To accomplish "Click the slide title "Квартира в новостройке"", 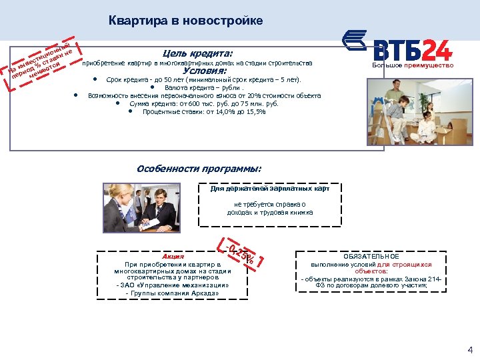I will click(x=185, y=21).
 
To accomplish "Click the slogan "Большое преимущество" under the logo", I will click(x=413, y=65).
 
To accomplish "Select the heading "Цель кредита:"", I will click(x=197, y=53).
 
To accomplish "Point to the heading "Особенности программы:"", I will click(x=199, y=169).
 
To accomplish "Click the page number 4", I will click(x=470, y=349).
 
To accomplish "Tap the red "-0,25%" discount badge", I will click(x=239, y=252).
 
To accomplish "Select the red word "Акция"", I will click(x=173, y=256).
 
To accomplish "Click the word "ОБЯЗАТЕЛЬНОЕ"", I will click(x=371, y=256).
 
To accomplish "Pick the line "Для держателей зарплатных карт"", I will click(x=269, y=189).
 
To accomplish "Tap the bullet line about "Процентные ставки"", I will click(x=203, y=111).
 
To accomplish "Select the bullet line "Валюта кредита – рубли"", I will click(x=205, y=87).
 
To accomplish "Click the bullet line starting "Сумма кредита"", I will click(x=203, y=103).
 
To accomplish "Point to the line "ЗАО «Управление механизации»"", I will click(x=173, y=285).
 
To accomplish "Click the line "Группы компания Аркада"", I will click(x=173, y=293).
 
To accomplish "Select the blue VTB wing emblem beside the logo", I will click(x=355, y=41).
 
